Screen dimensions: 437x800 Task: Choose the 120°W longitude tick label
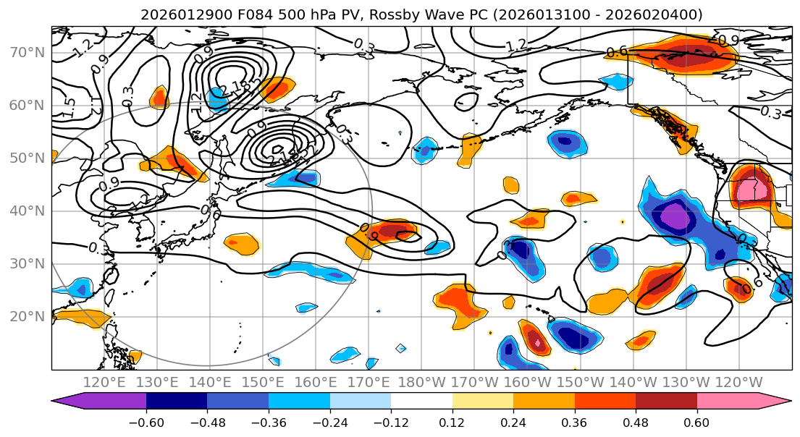coord(739,382)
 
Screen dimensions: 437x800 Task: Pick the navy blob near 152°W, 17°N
coord(575,337)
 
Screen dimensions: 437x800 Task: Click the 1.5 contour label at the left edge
coord(68,109)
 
